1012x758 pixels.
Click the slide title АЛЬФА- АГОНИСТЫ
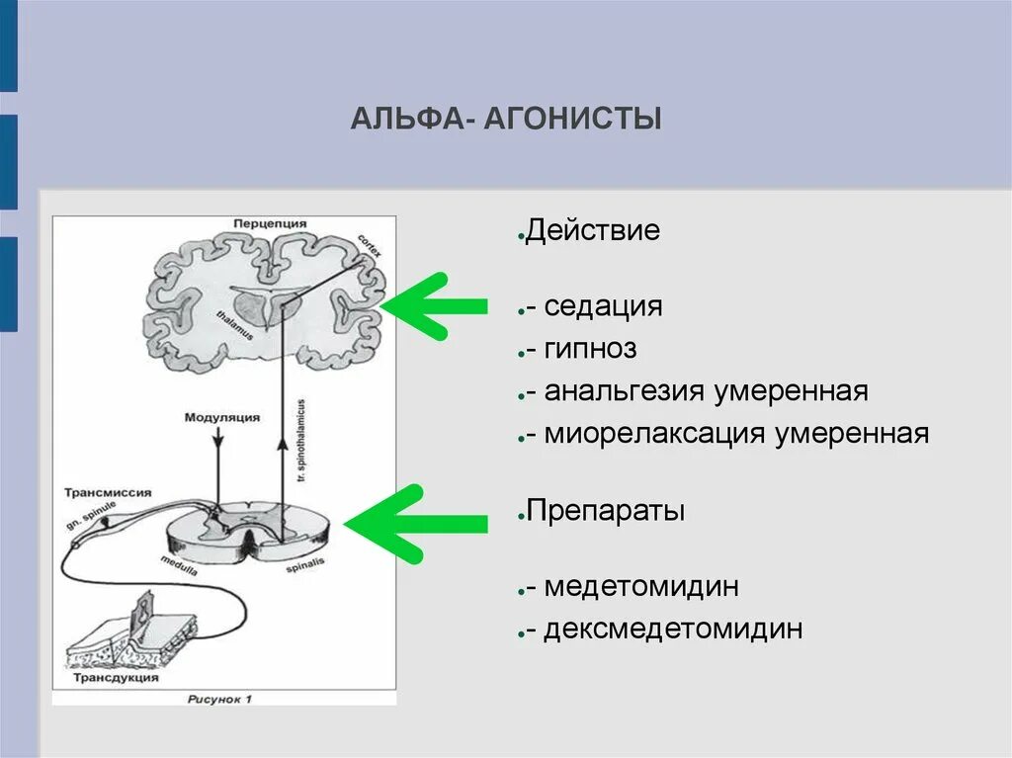pyautogui.click(x=506, y=121)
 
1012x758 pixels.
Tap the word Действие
pyautogui.click(x=592, y=232)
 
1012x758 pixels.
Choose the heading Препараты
pyautogui.click(x=605, y=512)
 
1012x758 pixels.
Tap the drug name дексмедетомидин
pyautogui.click(x=672, y=630)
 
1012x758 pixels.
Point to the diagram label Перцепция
pyautogui.click(x=270, y=224)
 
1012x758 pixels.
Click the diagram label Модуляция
pyautogui.click(x=222, y=418)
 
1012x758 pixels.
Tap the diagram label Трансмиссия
pyautogui.click(x=108, y=491)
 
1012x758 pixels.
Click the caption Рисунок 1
pyautogui.click(x=220, y=699)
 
